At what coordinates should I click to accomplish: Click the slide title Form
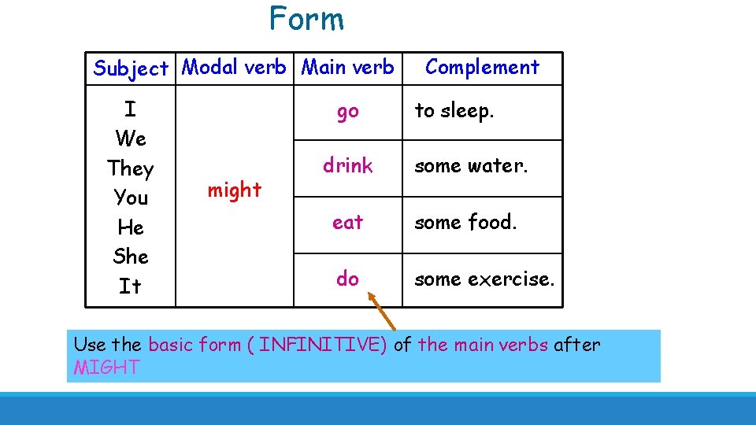pos(306,19)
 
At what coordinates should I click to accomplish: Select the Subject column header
pos(131,68)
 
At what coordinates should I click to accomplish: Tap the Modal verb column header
pos(234,68)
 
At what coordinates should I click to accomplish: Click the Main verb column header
pos(348,68)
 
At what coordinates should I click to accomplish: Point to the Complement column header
pos(482,68)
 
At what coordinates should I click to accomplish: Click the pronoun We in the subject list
pos(131,139)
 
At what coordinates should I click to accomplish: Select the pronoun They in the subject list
pos(131,168)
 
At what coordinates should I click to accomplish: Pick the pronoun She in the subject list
pos(131,257)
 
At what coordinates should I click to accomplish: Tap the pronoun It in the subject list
pos(131,286)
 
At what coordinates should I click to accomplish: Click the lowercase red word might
pos(234,190)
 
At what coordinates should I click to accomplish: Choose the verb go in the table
pos(347,112)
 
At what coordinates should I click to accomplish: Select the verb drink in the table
pos(347,166)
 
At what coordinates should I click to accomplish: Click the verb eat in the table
pos(347,223)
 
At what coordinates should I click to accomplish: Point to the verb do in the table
pos(347,279)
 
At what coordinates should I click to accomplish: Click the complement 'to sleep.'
pos(454,111)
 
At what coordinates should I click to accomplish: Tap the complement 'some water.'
pos(471,166)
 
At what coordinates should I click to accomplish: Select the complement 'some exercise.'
pos(484,279)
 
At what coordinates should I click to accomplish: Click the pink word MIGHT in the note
pos(106,368)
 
